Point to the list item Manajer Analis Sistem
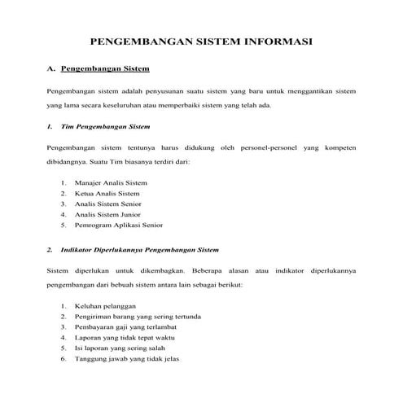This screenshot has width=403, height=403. click(111, 183)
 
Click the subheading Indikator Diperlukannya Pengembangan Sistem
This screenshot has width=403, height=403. click(140, 249)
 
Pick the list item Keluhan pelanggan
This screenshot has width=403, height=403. click(104, 306)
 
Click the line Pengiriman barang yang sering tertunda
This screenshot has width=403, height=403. click(138, 317)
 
